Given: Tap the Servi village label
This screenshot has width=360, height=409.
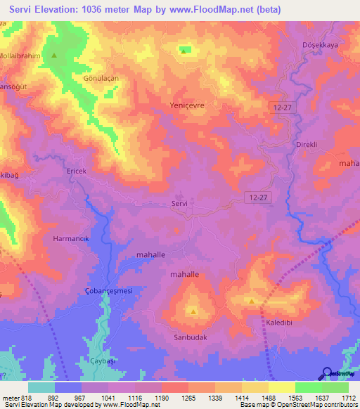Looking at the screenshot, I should [x=179, y=203].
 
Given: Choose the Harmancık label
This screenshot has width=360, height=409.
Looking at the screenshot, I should [x=71, y=239].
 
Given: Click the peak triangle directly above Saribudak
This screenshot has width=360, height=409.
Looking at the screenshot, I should [x=193, y=310].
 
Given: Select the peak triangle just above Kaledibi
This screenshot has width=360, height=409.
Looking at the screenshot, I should [x=252, y=301].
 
